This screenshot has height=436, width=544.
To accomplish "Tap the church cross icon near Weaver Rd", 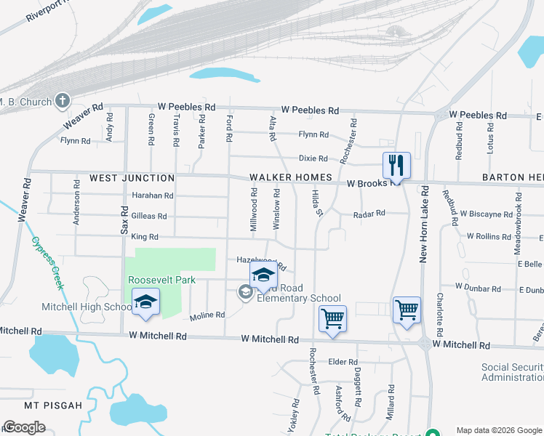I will click(63, 101).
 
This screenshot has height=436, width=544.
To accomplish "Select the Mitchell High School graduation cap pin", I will click(145, 303).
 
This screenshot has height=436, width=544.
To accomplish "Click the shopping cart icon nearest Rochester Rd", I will click(332, 318).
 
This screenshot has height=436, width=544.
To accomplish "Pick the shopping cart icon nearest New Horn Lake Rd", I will click(407, 309).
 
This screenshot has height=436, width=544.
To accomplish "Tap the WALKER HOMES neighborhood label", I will click(291, 177).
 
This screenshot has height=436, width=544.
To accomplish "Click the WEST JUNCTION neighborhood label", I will click(132, 178).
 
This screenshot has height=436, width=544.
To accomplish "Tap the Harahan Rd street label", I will click(152, 195).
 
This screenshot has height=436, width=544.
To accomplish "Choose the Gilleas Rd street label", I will click(149, 216).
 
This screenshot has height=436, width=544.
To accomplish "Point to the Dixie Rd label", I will click(313, 158).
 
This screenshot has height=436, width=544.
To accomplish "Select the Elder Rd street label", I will click(343, 362).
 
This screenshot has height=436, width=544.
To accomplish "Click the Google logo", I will click(24, 427).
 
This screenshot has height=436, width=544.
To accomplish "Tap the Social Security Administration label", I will click(512, 372).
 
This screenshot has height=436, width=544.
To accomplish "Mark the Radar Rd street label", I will click(368, 214).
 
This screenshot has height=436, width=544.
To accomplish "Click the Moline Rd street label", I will click(207, 315).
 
